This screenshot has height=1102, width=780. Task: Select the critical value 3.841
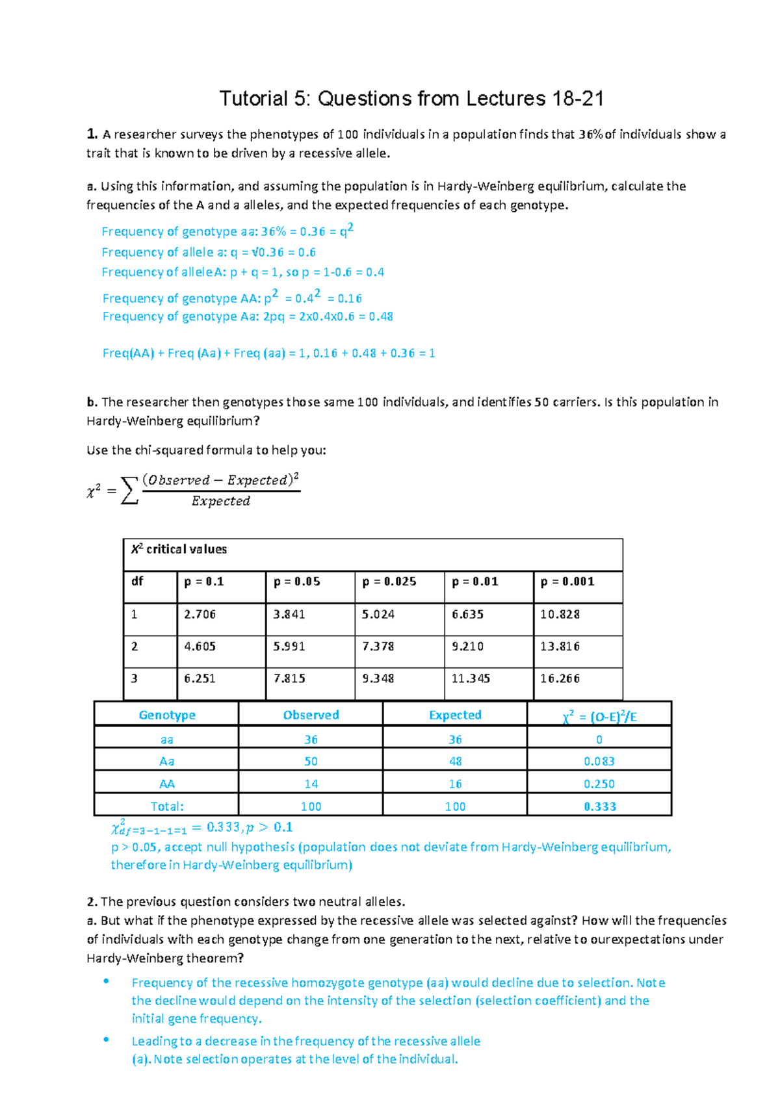(x=289, y=614)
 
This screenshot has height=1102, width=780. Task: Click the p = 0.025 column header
(x=389, y=582)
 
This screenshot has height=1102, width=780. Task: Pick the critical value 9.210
(x=468, y=647)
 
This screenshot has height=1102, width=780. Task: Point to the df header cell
(x=137, y=582)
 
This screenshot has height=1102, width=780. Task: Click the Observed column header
(x=311, y=715)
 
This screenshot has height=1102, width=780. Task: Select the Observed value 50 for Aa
(x=311, y=762)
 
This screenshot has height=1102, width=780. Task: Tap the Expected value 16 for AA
(x=455, y=784)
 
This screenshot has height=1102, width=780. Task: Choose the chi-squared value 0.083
(x=599, y=762)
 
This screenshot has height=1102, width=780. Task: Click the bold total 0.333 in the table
(x=599, y=806)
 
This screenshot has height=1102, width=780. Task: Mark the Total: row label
(x=167, y=806)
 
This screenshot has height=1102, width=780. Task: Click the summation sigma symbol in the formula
(x=130, y=491)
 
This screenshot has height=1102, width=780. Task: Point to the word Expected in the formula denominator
(x=220, y=501)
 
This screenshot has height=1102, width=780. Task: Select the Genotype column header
(x=167, y=715)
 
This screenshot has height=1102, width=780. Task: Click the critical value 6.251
(x=200, y=678)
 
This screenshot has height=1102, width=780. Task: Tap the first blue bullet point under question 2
(x=106, y=982)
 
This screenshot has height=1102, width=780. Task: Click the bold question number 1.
(x=92, y=135)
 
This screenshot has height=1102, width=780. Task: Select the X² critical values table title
(x=179, y=549)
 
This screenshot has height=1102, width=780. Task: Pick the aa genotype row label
(x=167, y=739)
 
